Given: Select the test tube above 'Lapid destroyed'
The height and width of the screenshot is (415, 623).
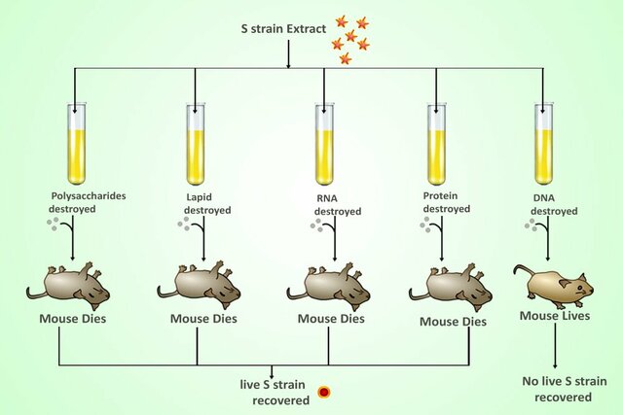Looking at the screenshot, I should click(196, 141).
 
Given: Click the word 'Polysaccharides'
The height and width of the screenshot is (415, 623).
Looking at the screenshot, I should click(89, 195).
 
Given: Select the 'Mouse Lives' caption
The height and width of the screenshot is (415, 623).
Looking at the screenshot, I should click(555, 315).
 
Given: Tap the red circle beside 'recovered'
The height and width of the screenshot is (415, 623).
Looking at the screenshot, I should click(324, 393).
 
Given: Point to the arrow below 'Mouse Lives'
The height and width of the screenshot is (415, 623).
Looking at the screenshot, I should click(555, 345).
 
